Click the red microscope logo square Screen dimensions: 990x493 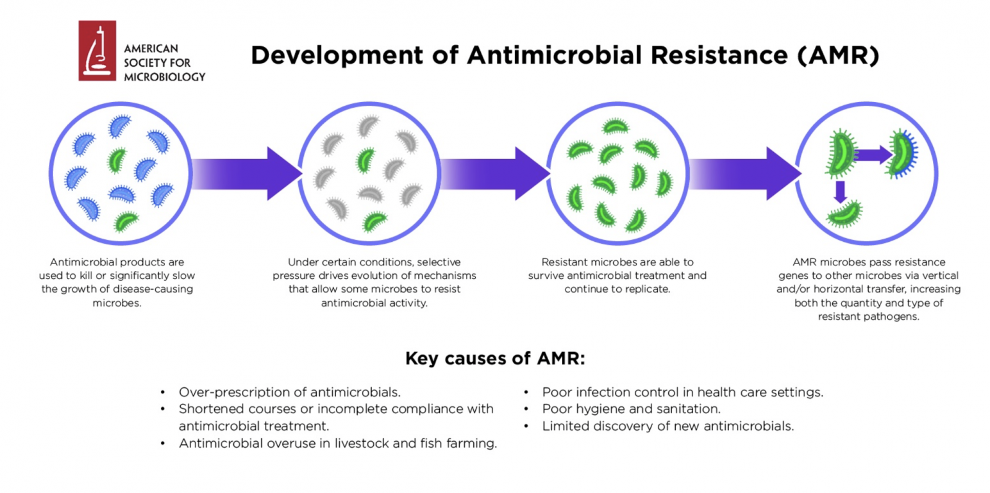(x=97, y=51)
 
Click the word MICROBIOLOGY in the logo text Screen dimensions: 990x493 (x=165, y=77)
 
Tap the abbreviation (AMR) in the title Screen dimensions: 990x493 (x=838, y=56)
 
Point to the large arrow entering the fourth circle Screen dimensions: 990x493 (x=745, y=174)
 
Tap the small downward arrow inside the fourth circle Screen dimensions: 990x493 (x=841, y=192)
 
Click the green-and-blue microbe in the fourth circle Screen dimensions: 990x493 (x=903, y=153)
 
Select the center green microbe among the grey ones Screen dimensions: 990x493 (x=366, y=160)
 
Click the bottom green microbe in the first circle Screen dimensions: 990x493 (x=126, y=221)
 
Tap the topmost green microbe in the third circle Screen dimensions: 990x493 (x=616, y=127)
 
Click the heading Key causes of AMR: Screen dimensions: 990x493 (x=495, y=358)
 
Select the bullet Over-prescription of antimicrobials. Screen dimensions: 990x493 (x=290, y=392)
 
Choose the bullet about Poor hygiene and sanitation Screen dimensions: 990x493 (x=631, y=409)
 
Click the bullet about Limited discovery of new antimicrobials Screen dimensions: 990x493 (x=668, y=426)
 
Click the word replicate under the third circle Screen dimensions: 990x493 (x=648, y=289)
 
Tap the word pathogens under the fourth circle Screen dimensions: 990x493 (x=895, y=317)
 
